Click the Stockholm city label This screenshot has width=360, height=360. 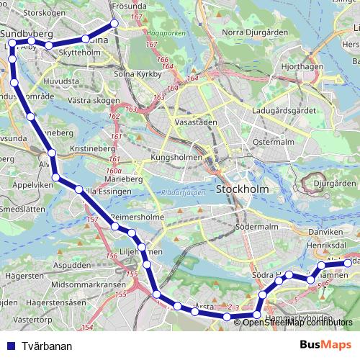[x=240, y=191]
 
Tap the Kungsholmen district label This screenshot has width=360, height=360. [x=174, y=157]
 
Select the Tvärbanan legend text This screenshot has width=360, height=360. [x=47, y=346]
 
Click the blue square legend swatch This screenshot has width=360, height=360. [x=11, y=346]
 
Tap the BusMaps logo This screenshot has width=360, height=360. [x=325, y=346]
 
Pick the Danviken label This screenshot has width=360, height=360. [x=325, y=233]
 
